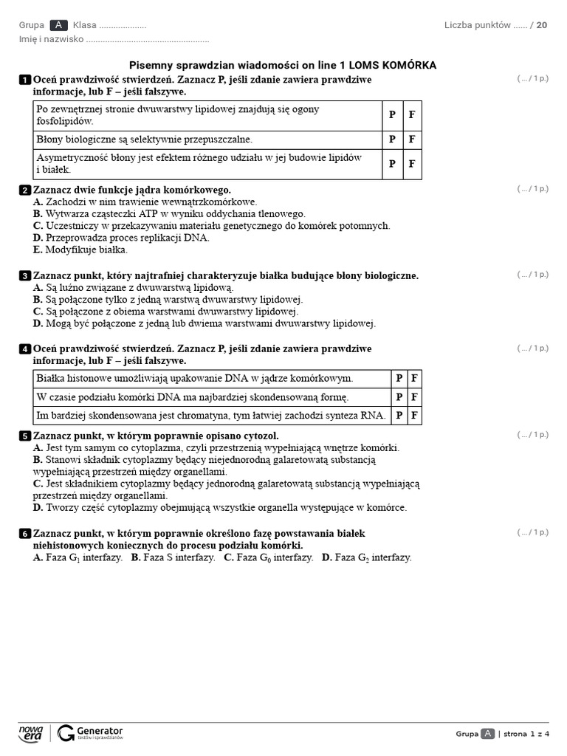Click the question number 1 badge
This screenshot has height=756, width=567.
point(24,80)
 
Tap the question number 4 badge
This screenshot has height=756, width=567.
point(24,349)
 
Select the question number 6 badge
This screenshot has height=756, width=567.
point(24,534)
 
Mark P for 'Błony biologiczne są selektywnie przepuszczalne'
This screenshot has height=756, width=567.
point(392,140)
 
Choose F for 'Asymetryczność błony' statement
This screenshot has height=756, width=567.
point(412,164)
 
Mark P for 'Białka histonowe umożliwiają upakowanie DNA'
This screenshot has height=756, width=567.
point(399,379)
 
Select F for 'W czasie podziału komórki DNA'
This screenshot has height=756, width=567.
point(415,397)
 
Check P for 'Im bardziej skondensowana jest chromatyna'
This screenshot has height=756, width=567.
point(399,416)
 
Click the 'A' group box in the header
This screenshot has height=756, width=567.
point(58,25)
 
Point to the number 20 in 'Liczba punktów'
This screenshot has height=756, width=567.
point(542,25)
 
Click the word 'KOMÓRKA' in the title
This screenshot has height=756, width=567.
point(406,66)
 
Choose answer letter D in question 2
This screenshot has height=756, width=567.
point(38,238)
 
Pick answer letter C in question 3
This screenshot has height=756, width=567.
point(38,312)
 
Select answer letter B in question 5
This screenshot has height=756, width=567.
point(38,460)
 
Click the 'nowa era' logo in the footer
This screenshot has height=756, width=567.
point(31,733)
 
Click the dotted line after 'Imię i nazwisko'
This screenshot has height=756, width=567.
point(148,39)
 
